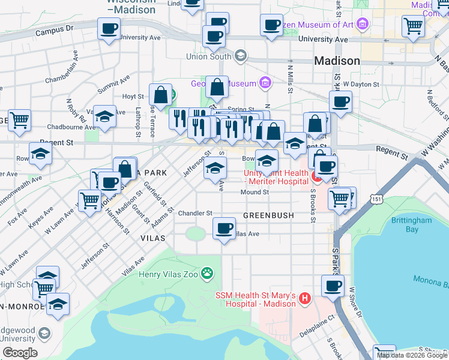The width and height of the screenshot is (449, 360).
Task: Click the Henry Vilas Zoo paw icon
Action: (x=208, y=274)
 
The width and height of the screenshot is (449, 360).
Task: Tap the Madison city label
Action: (x=337, y=61)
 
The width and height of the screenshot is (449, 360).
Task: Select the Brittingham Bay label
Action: (x=412, y=225)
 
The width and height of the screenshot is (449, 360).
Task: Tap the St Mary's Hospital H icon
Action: (x=305, y=298)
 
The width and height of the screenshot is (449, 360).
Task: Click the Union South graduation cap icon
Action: (x=241, y=57)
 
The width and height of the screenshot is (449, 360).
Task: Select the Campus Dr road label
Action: (x=54, y=29)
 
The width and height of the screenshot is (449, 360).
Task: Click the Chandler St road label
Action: (x=195, y=213)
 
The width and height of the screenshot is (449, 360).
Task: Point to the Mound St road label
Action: (x=254, y=192)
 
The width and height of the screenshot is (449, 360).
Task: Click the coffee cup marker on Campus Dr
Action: (x=109, y=28)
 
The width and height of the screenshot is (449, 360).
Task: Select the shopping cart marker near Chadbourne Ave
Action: (x=19, y=119)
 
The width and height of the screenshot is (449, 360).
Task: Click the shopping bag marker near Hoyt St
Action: (x=160, y=94)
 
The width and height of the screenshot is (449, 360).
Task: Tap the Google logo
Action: (x=20, y=352)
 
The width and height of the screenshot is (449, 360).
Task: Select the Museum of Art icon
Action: (x=362, y=25)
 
